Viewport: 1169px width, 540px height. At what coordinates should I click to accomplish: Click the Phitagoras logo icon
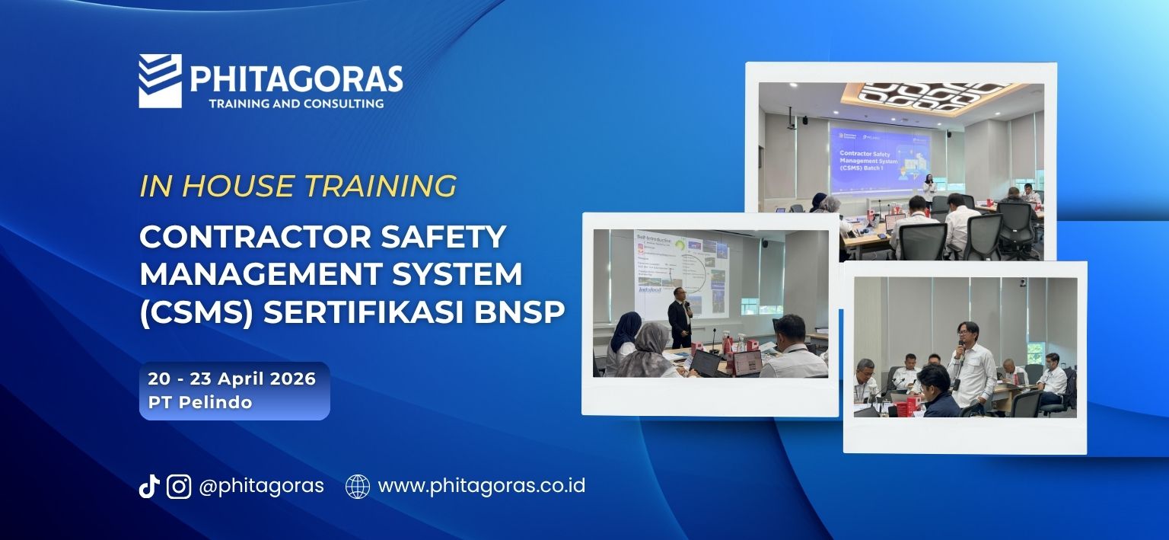(x=160, y=81)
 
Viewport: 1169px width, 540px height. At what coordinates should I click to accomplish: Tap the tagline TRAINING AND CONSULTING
(x=296, y=103)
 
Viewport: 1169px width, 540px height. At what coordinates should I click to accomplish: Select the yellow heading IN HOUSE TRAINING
(x=298, y=186)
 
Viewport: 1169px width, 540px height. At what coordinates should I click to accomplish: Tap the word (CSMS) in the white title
(x=196, y=312)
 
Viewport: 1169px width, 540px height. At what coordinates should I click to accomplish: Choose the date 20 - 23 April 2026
(x=231, y=379)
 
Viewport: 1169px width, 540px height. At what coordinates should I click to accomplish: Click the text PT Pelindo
(x=200, y=402)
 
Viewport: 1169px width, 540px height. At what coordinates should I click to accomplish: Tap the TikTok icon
(x=148, y=486)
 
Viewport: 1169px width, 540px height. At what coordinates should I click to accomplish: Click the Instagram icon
(x=179, y=486)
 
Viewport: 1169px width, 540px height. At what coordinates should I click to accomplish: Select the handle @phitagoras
(x=261, y=486)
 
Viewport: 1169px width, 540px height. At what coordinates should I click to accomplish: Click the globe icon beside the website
(x=358, y=486)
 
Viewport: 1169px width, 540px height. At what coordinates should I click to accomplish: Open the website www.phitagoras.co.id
(x=481, y=486)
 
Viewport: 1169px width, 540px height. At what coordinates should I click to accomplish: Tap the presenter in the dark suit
(x=679, y=322)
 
